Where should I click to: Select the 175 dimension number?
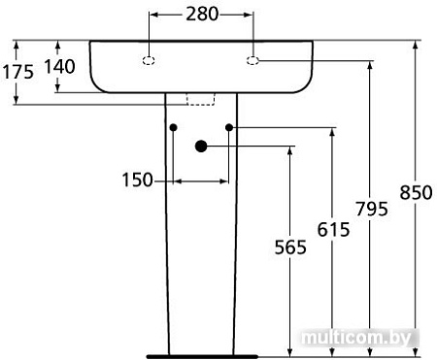(17, 71)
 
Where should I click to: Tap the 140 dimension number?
(59, 66)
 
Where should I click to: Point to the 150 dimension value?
(138, 180)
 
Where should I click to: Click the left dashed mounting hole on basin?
(150, 61)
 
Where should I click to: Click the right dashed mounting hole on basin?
(252, 61)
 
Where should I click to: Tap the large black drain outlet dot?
(201, 147)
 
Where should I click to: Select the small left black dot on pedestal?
(172, 127)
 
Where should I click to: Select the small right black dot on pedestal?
(229, 127)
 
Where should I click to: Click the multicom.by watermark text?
(358, 337)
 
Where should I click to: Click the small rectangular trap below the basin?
(200, 98)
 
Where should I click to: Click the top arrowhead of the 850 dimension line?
(416, 45)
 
